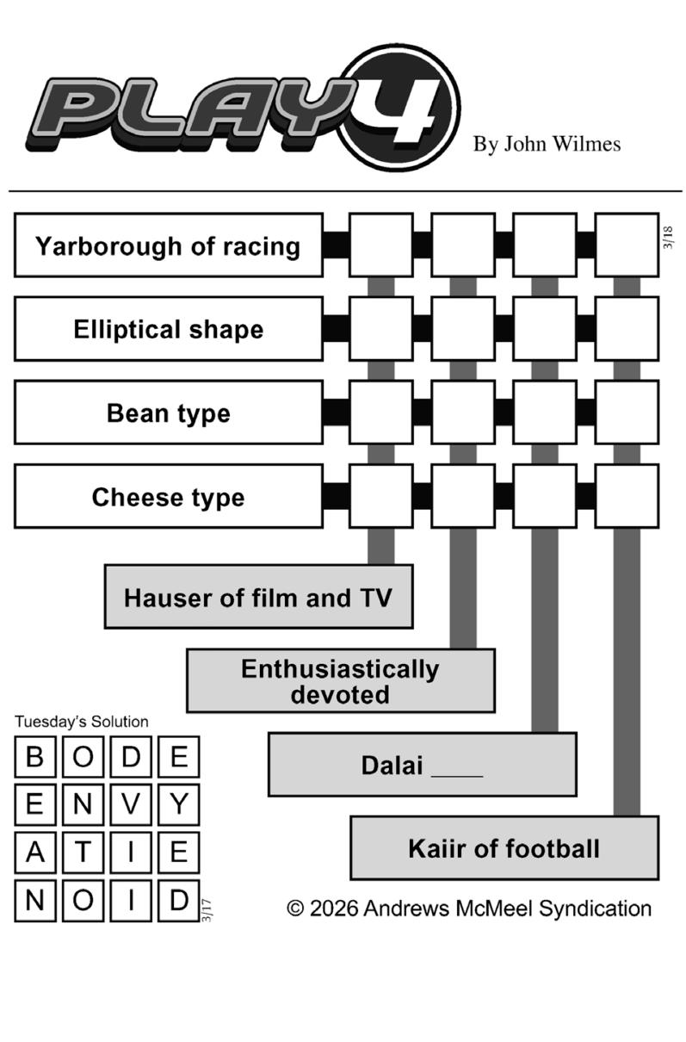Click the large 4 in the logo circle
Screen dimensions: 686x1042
pyautogui.click(x=404, y=111)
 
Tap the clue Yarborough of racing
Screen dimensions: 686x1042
pyautogui.click(x=169, y=245)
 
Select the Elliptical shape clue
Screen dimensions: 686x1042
pyautogui.click(x=169, y=329)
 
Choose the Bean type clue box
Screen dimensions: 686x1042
pyautogui.click(x=169, y=412)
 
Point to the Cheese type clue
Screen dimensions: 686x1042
pyautogui.click(x=169, y=496)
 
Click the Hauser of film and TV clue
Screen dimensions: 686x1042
pyautogui.click(x=258, y=597)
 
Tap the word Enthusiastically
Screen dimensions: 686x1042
pyautogui.click(x=340, y=669)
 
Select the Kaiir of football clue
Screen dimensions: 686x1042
pyautogui.click(x=504, y=848)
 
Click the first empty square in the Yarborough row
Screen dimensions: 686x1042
pyautogui.click(x=381, y=245)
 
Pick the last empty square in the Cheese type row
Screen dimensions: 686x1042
pyautogui.click(x=627, y=496)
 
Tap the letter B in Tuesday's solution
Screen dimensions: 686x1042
pyautogui.click(x=35, y=757)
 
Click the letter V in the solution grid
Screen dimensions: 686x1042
pyautogui.click(x=131, y=805)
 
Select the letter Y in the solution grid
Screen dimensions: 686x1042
pyautogui.click(x=178, y=805)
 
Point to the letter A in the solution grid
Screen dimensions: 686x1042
pyautogui.click(x=35, y=853)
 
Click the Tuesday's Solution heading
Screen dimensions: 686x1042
pyautogui.click(x=82, y=722)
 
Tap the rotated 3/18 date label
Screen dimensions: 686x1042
pyautogui.click(x=668, y=238)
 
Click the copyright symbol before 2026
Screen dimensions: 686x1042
pyautogui.click(x=295, y=909)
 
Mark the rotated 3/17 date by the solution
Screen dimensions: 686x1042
pyautogui.click(x=207, y=910)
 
